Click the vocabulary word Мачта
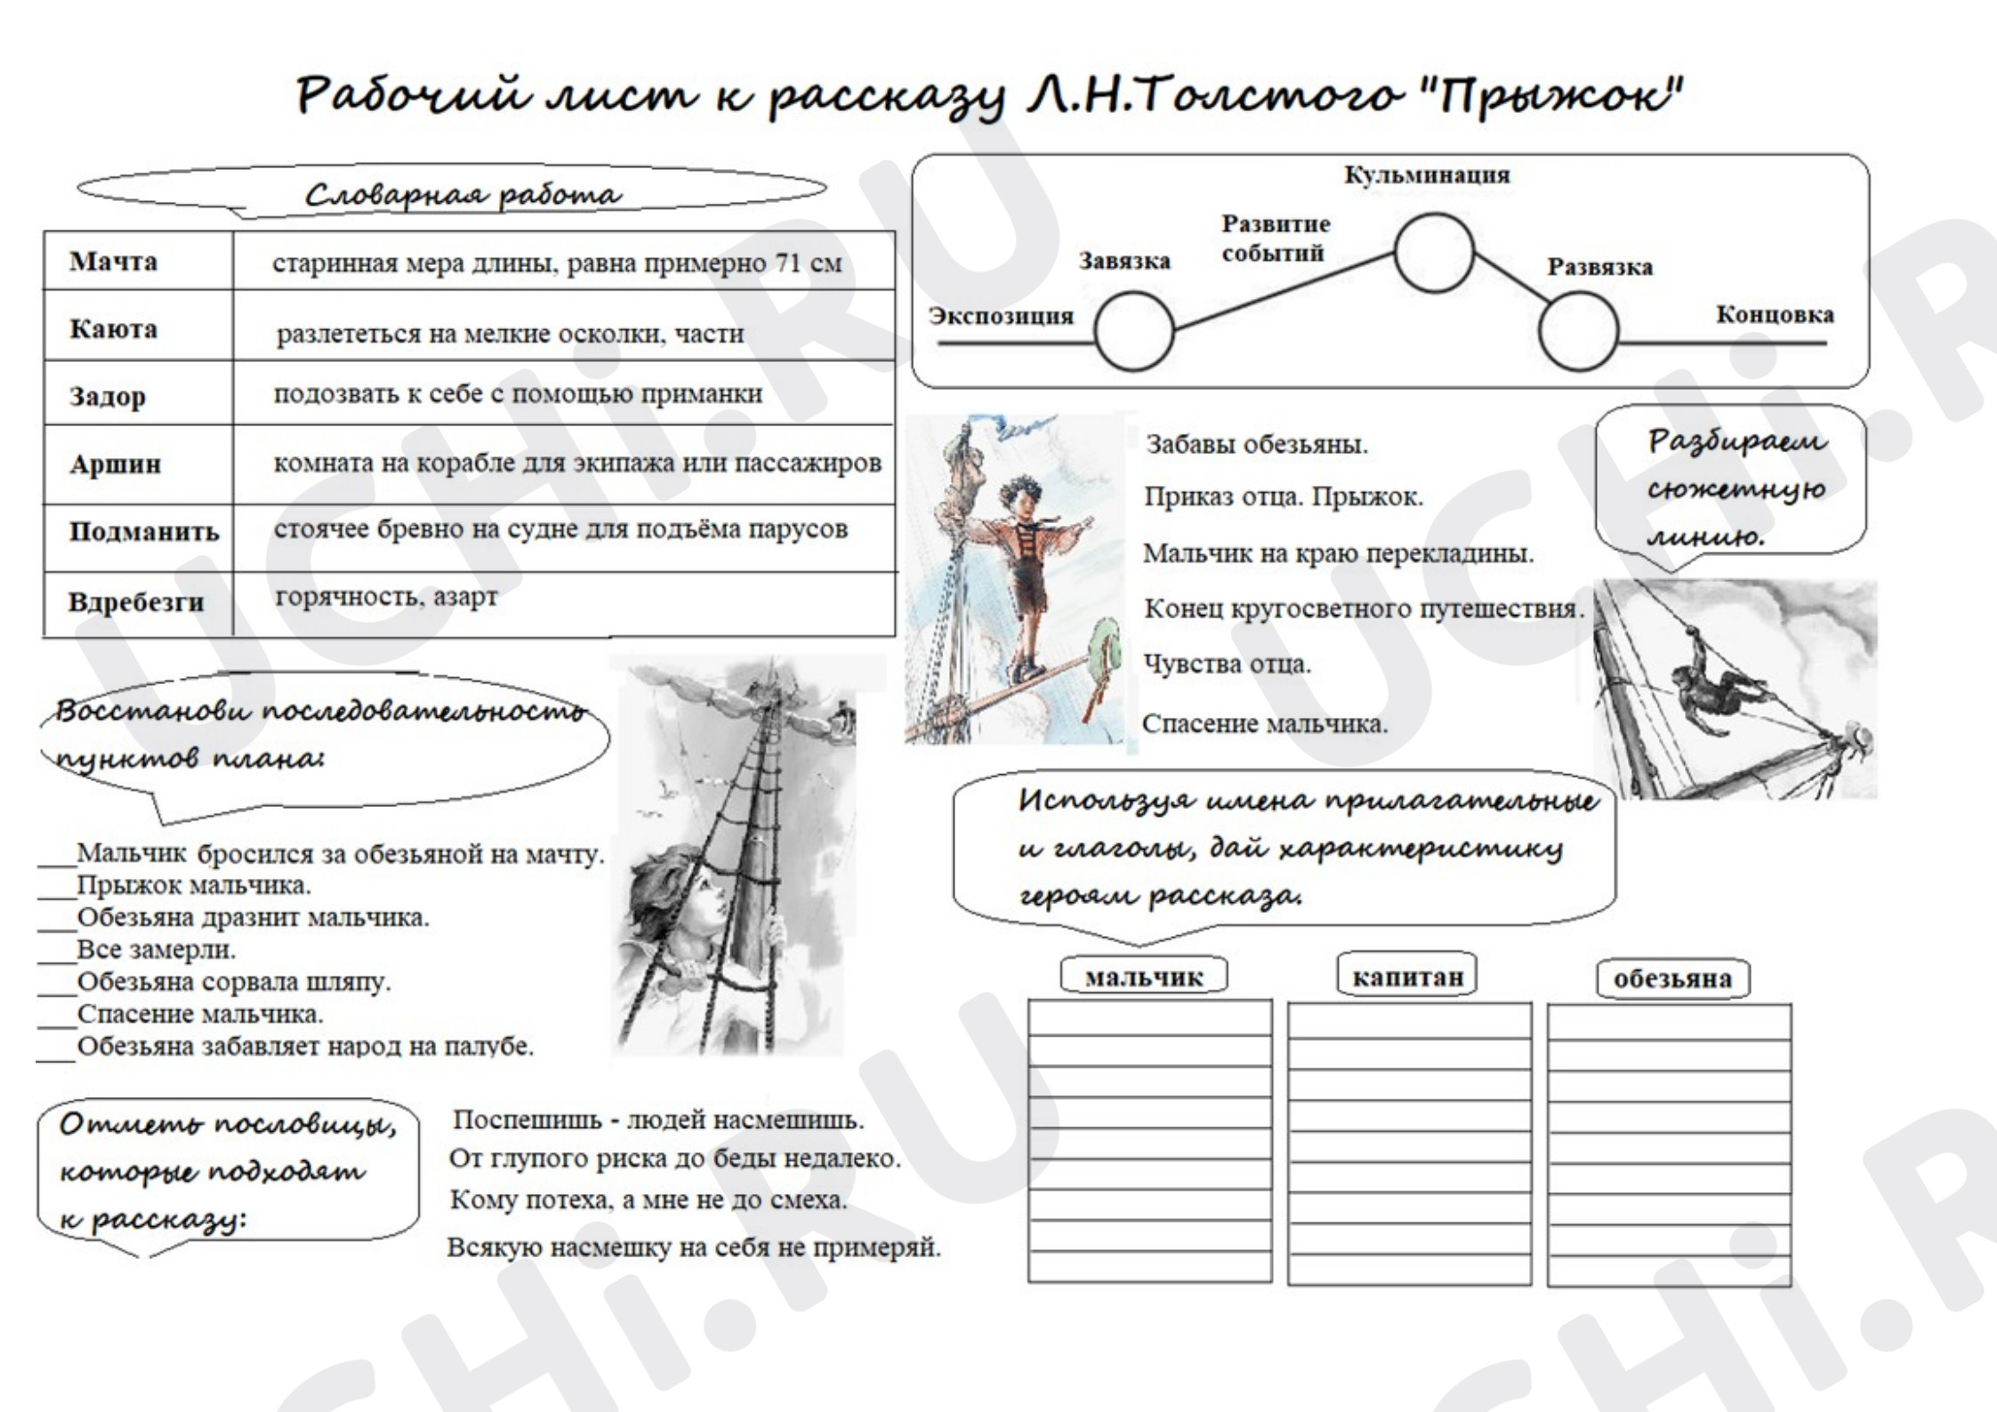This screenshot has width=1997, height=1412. tap(113, 262)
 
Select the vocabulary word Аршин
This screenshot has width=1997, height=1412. tap(115, 464)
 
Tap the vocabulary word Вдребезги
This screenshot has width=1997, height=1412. tap(136, 602)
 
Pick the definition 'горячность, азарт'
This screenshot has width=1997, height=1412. tap(386, 597)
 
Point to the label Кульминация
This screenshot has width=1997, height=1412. tap(1426, 174)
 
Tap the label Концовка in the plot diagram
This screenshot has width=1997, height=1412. tap(1775, 314)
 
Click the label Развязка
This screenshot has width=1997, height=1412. tap(1599, 267)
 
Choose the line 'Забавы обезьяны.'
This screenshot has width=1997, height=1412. tap(1256, 444)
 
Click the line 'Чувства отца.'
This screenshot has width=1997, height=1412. tap(1227, 664)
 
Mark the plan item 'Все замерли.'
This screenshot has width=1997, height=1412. tap(156, 949)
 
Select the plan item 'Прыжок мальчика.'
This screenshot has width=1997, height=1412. tap(194, 885)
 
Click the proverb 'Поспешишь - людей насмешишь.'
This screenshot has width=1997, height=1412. tap(658, 1119)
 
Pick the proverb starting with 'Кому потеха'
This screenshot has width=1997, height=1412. tap(648, 1200)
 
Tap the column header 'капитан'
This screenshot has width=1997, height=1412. tap(1407, 977)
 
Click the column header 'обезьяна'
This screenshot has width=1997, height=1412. tap(1672, 979)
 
